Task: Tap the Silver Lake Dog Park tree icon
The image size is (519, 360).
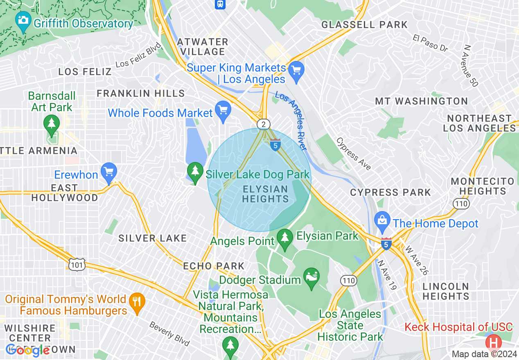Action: point(195,171)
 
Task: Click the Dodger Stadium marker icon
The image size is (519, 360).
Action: point(311,277)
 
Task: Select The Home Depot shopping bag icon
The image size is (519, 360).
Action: point(382,220)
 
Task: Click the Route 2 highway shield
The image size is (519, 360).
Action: point(264,124)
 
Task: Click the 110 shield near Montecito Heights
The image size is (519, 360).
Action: point(458,203)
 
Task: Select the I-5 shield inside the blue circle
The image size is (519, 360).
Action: point(275,144)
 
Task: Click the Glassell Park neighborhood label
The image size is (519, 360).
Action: point(364,25)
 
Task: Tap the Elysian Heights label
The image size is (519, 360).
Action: point(265,194)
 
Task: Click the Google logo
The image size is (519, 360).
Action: point(27,350)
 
